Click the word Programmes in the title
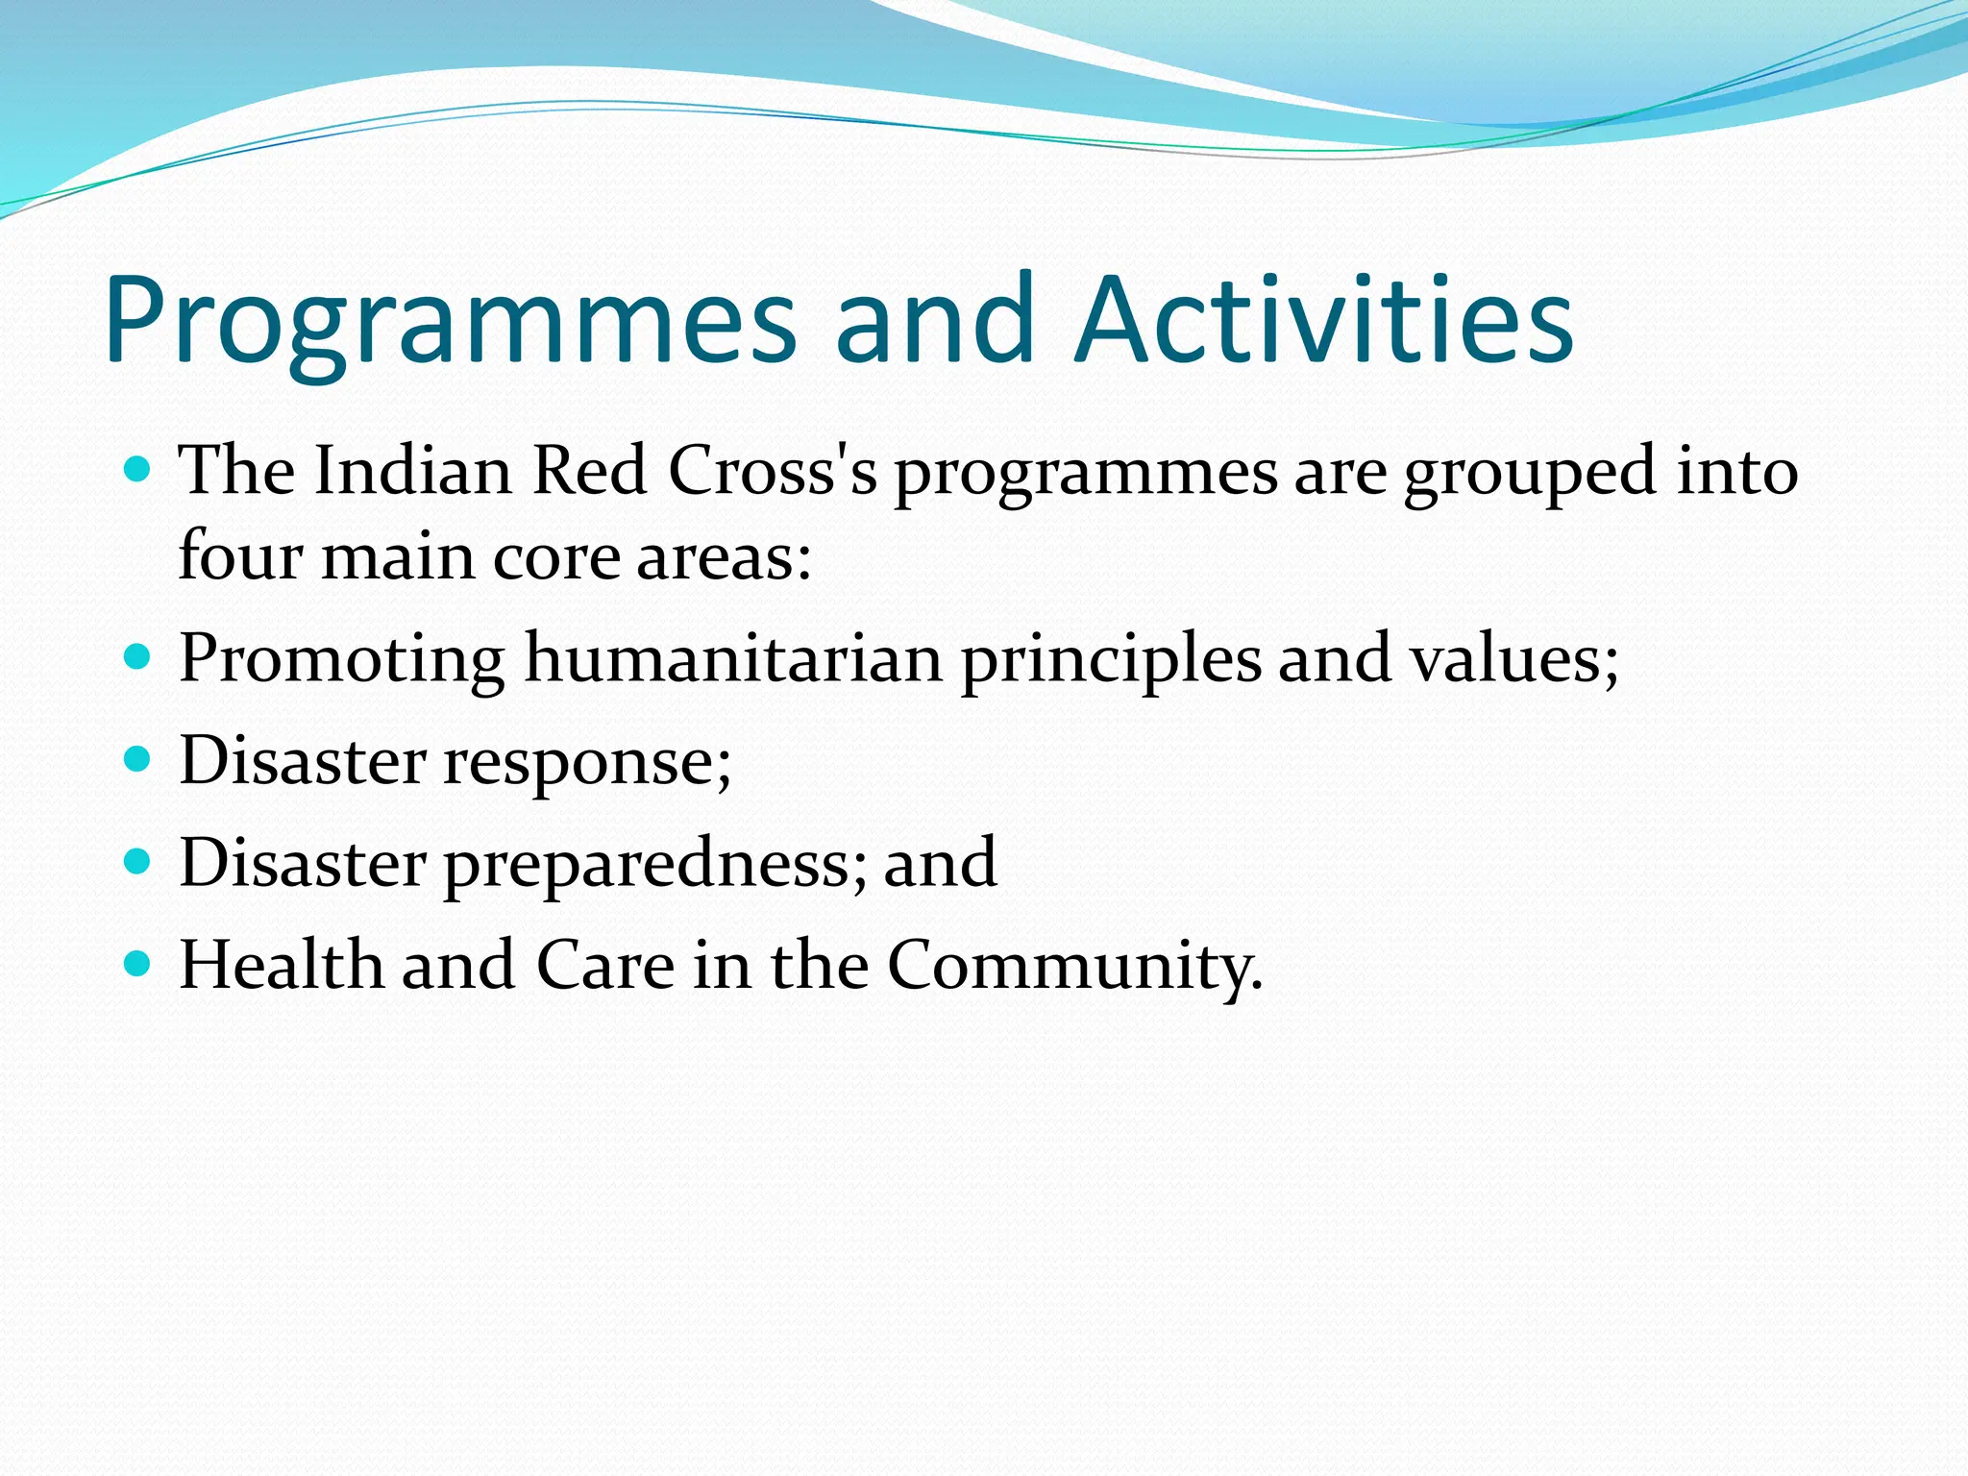450,322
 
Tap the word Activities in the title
1324,322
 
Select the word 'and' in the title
935,322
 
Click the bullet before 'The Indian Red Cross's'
138,470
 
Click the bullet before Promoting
138,657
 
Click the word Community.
1073,966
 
